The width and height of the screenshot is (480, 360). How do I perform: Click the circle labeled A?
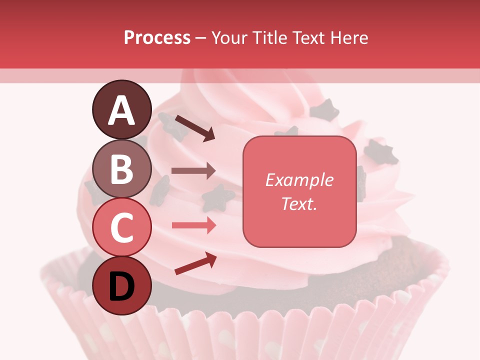(x=121, y=109)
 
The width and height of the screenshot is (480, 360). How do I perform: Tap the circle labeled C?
(x=121, y=226)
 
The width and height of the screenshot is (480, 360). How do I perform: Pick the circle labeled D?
(x=121, y=285)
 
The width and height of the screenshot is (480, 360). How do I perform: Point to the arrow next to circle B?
(x=193, y=171)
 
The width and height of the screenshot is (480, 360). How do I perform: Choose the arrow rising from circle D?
(x=195, y=263)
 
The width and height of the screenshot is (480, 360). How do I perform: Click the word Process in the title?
(x=157, y=38)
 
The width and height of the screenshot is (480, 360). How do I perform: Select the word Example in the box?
(x=299, y=180)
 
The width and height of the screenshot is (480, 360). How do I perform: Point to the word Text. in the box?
(x=299, y=203)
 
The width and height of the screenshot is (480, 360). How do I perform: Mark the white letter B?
(x=121, y=168)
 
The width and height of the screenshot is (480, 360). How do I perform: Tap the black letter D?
(x=121, y=286)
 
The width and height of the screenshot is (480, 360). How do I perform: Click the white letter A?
(x=121, y=110)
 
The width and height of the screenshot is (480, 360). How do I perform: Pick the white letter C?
(x=121, y=227)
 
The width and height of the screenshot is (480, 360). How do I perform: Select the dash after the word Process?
(x=200, y=38)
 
